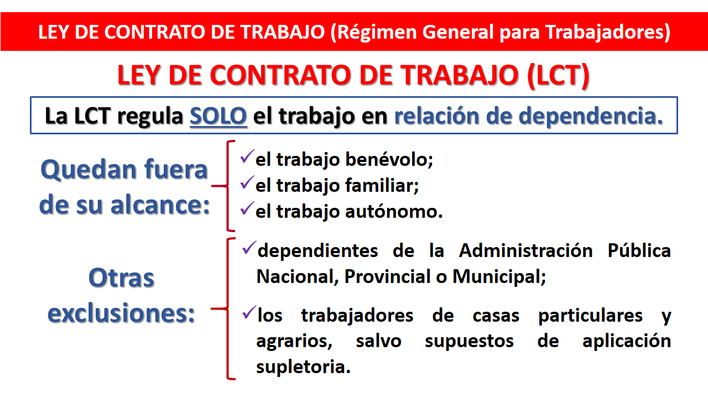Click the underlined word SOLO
click(218, 116)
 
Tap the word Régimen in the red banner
click(377, 33)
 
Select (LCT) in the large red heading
click(559, 75)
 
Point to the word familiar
click(382, 185)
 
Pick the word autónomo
click(394, 211)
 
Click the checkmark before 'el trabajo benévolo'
click(247, 156)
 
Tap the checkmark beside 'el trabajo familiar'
click(247, 182)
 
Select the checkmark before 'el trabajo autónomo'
click(247, 208)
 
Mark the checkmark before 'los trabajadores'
click(249, 313)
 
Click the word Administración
click(525, 250)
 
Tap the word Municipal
click(499, 277)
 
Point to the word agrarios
click(294, 342)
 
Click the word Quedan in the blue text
click(88, 170)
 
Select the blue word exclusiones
click(121, 313)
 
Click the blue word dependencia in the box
click(590, 116)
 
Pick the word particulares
click(590, 316)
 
